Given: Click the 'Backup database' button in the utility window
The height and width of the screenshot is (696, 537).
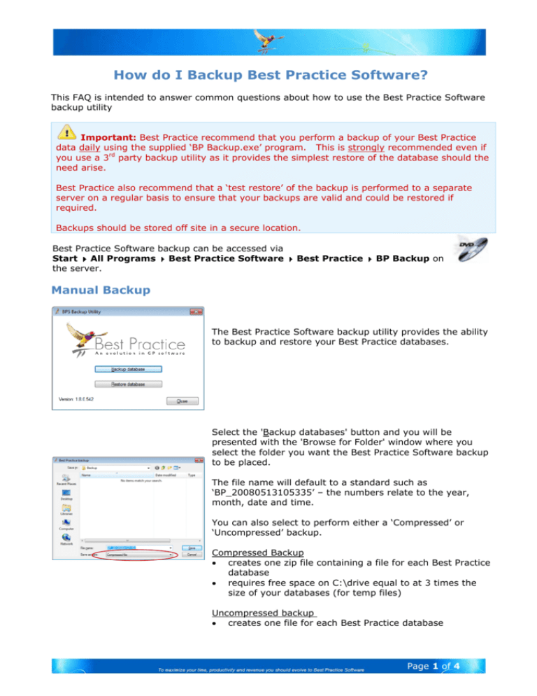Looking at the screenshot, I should point(127,368).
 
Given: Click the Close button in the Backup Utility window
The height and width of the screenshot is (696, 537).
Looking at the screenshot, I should point(182,401).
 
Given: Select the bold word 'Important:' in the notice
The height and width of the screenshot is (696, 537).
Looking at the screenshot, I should point(108,138).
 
